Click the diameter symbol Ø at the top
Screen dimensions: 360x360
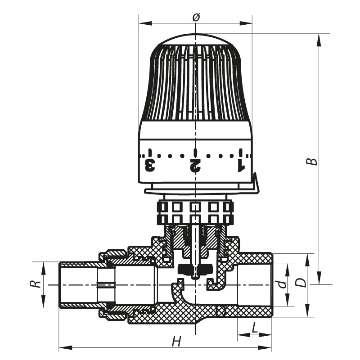tap(195, 18)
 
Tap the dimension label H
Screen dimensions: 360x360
tap(177, 341)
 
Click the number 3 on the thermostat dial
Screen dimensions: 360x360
tap(150, 165)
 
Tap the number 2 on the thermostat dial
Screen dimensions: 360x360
tap(195, 165)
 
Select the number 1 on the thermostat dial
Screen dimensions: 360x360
tap(241, 165)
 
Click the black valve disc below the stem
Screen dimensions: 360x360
tap(194, 270)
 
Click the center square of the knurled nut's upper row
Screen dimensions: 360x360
tap(195, 207)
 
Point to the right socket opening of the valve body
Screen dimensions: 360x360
tap(254, 285)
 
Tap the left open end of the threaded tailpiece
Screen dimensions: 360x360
tap(61, 285)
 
